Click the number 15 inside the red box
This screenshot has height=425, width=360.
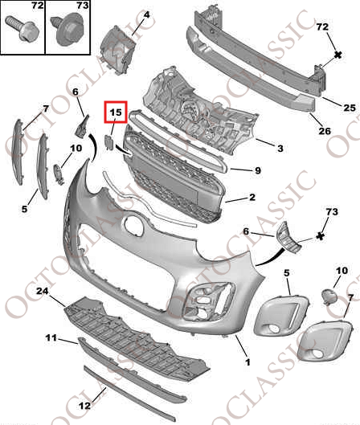coord(116,112)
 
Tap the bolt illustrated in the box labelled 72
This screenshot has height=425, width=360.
coord(22,28)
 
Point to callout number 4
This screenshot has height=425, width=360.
coord(146,14)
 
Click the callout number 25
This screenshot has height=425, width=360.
coord(350,108)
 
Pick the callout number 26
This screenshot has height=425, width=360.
coord(325,131)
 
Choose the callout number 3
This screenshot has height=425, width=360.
coord(280,149)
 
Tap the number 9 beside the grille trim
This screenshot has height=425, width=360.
coord(258,170)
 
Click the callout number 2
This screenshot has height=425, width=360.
coord(252,197)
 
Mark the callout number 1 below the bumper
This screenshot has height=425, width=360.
coord(247,362)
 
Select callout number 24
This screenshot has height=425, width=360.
coord(43,291)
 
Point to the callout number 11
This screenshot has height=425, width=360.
coord(51,338)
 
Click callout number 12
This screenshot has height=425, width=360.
coord(85,406)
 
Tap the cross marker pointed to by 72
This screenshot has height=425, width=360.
coord(337,55)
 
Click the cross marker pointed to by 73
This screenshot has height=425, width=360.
coord(321,236)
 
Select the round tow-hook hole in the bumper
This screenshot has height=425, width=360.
coord(133,224)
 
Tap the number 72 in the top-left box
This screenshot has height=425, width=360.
coord(38,5)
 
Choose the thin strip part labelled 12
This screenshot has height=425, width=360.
coord(129,396)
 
